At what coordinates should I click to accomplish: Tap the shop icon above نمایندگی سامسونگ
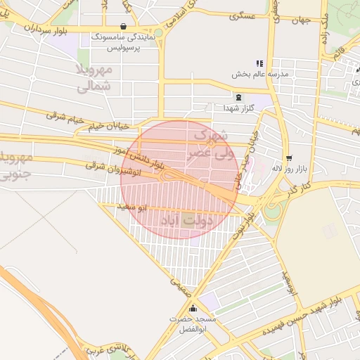pyautogui.click(x=124, y=27)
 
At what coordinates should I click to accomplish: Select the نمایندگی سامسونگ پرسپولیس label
pyautogui.click(x=124, y=42)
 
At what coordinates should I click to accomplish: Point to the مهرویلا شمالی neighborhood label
pyautogui.click(x=93, y=77)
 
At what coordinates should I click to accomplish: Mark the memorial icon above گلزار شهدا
pyautogui.click(x=238, y=97)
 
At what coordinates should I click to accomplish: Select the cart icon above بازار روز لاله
pyautogui.click(x=288, y=157)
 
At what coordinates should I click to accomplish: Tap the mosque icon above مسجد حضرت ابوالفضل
pyautogui.click(x=193, y=308)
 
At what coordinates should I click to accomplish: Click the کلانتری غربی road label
pyautogui.click(x=105, y=347)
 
